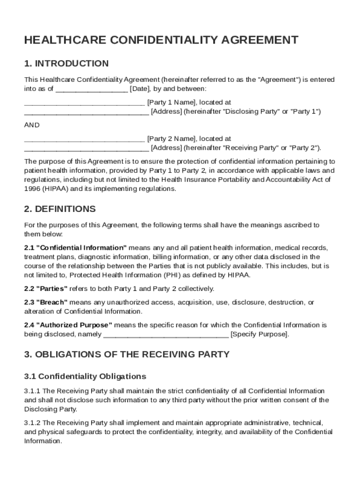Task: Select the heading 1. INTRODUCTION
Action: (x=66, y=64)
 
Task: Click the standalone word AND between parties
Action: (x=32, y=125)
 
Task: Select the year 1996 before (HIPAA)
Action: (x=32, y=189)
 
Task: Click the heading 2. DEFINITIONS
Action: (x=60, y=209)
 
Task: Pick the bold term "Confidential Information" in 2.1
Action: (x=81, y=247)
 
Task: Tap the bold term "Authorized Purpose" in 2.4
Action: (x=74, y=325)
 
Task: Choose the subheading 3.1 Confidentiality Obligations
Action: (x=85, y=377)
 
